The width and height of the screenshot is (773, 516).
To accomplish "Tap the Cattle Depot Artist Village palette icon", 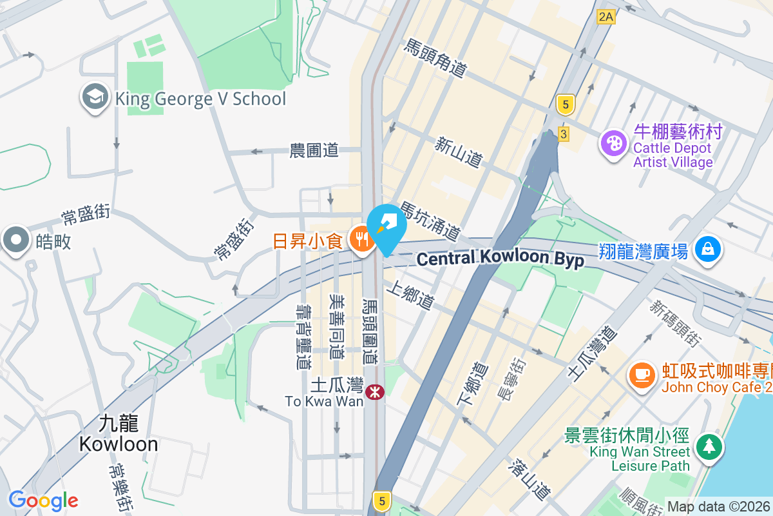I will tap(612, 143).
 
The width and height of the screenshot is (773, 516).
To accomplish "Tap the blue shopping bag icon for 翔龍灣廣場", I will tap(708, 248).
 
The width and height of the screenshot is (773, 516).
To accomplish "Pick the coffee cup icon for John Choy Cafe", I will tap(641, 373).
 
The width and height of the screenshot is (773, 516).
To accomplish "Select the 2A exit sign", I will tap(606, 17).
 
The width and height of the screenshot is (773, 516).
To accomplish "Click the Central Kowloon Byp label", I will tap(501, 259).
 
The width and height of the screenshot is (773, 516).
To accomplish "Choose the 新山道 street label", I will tap(459, 152).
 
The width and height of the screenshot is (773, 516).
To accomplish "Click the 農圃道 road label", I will tap(314, 151).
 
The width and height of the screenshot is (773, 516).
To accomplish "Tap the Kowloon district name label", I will tap(119, 433).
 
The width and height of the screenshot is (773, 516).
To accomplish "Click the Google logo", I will tap(43, 501).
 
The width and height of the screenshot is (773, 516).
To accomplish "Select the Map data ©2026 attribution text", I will tap(719, 506).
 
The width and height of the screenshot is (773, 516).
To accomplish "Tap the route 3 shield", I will tap(564, 134).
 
